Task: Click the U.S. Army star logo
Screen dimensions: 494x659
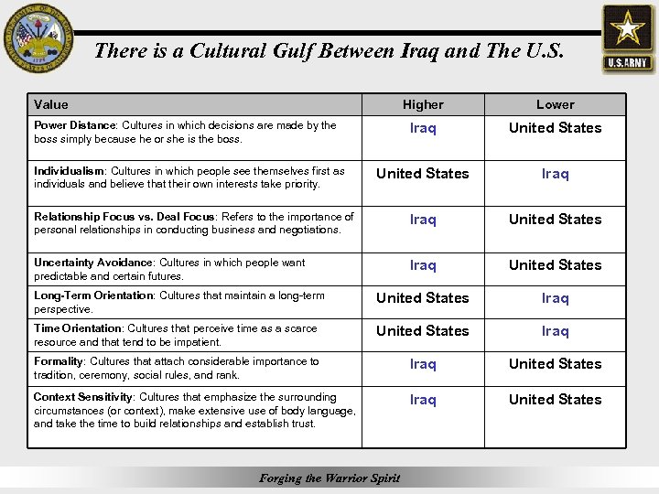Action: tap(627, 38)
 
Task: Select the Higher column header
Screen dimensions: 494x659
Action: tap(423, 105)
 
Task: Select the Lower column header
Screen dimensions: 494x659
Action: tap(556, 105)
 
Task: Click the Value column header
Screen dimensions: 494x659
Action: tap(51, 105)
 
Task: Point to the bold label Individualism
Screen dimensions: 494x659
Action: tap(70, 171)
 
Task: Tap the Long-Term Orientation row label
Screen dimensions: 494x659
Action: tap(93, 295)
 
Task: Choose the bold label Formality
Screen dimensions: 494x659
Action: tap(59, 361)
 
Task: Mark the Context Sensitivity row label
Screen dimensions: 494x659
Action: tap(83, 397)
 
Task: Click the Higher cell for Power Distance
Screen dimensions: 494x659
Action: tap(423, 128)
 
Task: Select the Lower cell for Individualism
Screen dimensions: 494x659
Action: tap(556, 174)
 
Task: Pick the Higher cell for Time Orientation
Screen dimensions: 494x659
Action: tap(423, 331)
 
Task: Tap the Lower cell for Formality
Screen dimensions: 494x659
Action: tap(556, 364)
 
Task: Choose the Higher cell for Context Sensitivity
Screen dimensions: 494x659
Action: tap(423, 400)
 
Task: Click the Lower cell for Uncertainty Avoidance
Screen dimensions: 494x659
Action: tap(556, 265)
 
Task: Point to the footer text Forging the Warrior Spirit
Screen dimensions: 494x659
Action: tap(329, 478)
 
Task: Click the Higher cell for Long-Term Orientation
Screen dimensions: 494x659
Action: tap(423, 298)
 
